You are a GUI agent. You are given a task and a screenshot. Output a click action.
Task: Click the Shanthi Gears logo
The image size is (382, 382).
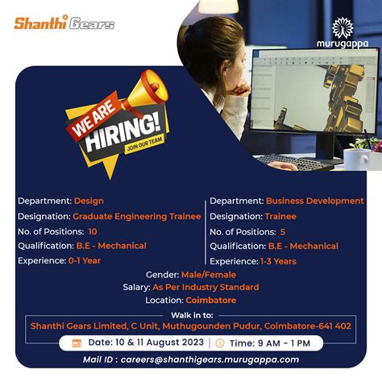[64, 23]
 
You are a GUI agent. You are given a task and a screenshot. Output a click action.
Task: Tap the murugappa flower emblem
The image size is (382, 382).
[342, 27]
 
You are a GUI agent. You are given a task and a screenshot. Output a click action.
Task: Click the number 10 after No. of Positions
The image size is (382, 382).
[92, 230]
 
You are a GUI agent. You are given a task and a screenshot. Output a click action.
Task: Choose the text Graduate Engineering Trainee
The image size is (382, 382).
[137, 216]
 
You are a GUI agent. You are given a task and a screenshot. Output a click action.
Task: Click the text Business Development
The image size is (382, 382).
[314, 201]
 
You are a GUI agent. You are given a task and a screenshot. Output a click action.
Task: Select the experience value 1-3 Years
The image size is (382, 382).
[278, 260]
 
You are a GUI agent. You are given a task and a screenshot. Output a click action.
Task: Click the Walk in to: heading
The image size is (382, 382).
[191, 314]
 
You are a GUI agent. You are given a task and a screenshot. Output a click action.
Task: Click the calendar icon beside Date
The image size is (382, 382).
[77, 343]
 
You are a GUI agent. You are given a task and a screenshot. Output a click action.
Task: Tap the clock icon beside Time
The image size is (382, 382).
[220, 343]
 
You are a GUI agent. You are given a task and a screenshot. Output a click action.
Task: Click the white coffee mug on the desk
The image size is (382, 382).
[355, 159]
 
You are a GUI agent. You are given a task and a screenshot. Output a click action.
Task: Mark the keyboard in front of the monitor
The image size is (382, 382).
[295, 161]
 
